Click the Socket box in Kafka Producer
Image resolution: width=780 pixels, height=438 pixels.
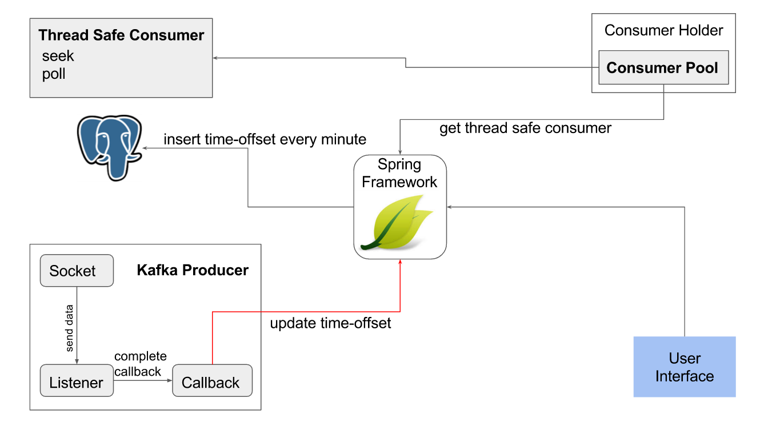(77, 271)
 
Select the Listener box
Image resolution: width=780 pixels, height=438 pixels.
(77, 383)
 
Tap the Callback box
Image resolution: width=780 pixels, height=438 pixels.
(212, 383)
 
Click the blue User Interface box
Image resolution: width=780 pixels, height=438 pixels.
(684, 367)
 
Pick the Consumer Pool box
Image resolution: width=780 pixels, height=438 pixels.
(663, 68)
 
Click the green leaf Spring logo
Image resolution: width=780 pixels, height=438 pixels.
(398, 223)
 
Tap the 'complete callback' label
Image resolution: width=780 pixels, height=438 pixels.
(141, 364)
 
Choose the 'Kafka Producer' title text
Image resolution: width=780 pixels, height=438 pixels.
(193, 270)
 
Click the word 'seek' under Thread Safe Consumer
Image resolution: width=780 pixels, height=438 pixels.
(58, 56)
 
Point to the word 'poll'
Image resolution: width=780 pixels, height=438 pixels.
(54, 74)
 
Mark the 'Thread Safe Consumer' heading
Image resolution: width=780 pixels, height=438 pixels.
(121, 35)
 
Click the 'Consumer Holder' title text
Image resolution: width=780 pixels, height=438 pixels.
(663, 30)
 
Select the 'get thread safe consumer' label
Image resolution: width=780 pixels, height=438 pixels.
(525, 128)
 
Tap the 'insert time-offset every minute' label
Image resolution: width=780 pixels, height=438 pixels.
(265, 139)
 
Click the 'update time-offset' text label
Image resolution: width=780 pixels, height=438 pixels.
(330, 323)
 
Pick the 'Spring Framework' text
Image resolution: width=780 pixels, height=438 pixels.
(399, 174)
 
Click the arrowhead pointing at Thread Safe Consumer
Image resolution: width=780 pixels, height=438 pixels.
(215, 57)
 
